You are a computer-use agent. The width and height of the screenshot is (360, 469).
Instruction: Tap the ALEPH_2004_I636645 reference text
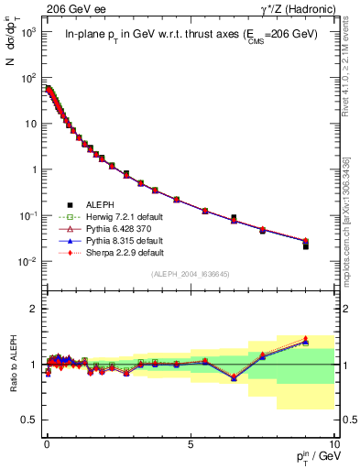pyautogui.click(x=190, y=275)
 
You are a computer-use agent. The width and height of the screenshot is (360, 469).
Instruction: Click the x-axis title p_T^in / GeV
pyautogui.click(x=308, y=458)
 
